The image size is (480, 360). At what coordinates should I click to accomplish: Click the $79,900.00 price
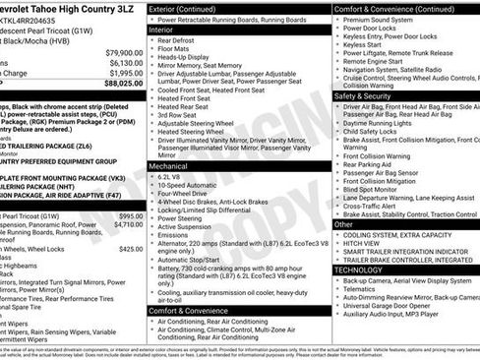tap(124, 51)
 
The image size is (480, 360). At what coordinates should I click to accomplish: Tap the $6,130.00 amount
tap(126, 62)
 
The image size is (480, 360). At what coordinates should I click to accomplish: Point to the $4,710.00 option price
tap(128, 224)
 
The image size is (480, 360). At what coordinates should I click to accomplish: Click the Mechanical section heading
tap(173, 166)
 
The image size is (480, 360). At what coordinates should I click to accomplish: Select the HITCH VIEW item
tap(362, 245)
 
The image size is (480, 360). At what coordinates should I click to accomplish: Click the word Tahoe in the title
tap(49, 8)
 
